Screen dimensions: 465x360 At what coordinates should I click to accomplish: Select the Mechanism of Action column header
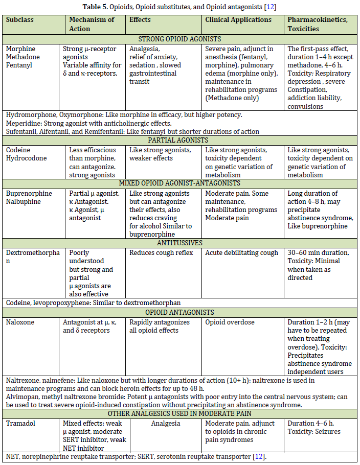pos(92,24)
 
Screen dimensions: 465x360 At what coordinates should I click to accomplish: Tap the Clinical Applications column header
pos(238,20)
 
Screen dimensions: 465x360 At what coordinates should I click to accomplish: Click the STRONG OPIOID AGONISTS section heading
pos(180,38)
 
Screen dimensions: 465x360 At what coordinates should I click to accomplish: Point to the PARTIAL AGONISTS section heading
pos(180,139)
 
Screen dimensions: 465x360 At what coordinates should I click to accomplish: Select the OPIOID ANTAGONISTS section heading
pos(180,312)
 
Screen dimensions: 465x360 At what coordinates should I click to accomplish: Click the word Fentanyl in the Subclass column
pos(19,65)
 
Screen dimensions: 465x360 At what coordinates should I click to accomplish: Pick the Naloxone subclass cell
pos(20,322)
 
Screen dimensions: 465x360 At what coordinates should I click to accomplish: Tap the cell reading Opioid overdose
pos(230,322)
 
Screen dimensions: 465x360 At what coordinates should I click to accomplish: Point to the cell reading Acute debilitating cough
pos(241,252)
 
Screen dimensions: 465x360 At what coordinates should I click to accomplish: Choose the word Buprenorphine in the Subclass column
pos(28,193)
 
